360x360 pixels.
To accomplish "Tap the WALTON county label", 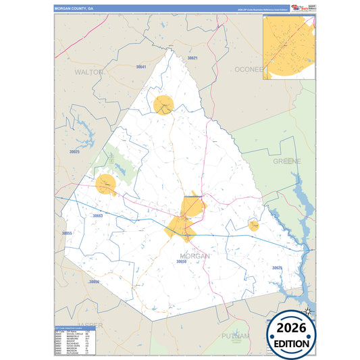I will (x=89, y=72).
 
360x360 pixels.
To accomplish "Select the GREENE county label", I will (x=287, y=161).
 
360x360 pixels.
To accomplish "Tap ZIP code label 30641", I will (x=141, y=67).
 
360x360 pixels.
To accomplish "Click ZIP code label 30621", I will (x=192, y=58).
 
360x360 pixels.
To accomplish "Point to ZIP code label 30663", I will (x=97, y=216).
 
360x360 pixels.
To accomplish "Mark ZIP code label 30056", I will (x=94, y=282).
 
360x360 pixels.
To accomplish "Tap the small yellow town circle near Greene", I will (x=254, y=225).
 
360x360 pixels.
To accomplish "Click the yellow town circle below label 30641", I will (x=163, y=105).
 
